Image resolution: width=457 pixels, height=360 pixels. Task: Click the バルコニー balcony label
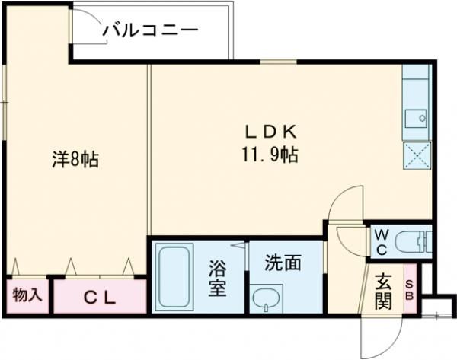pos(151,30)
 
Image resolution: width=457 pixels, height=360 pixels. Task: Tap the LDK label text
pos(271,132)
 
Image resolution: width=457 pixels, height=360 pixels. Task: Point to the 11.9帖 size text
pos(270,155)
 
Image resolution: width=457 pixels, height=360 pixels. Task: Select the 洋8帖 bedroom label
pos(75,159)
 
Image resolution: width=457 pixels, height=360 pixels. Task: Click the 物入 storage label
pos(27,295)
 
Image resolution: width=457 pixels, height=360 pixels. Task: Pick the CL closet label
pos(100,297)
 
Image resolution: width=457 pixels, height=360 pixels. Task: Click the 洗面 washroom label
pos(283,263)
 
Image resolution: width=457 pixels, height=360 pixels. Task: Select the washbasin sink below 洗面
pos(267,298)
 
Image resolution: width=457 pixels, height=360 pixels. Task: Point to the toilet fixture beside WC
pos(414,241)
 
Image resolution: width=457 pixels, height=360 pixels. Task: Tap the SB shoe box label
pos(410,290)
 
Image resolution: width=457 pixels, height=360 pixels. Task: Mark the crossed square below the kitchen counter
pos(417,155)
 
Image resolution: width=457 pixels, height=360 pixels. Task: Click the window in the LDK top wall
pos(278,62)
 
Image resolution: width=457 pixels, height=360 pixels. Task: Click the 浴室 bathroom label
pos(217,278)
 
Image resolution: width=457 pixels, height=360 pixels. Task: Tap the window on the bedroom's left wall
pos(4,102)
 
